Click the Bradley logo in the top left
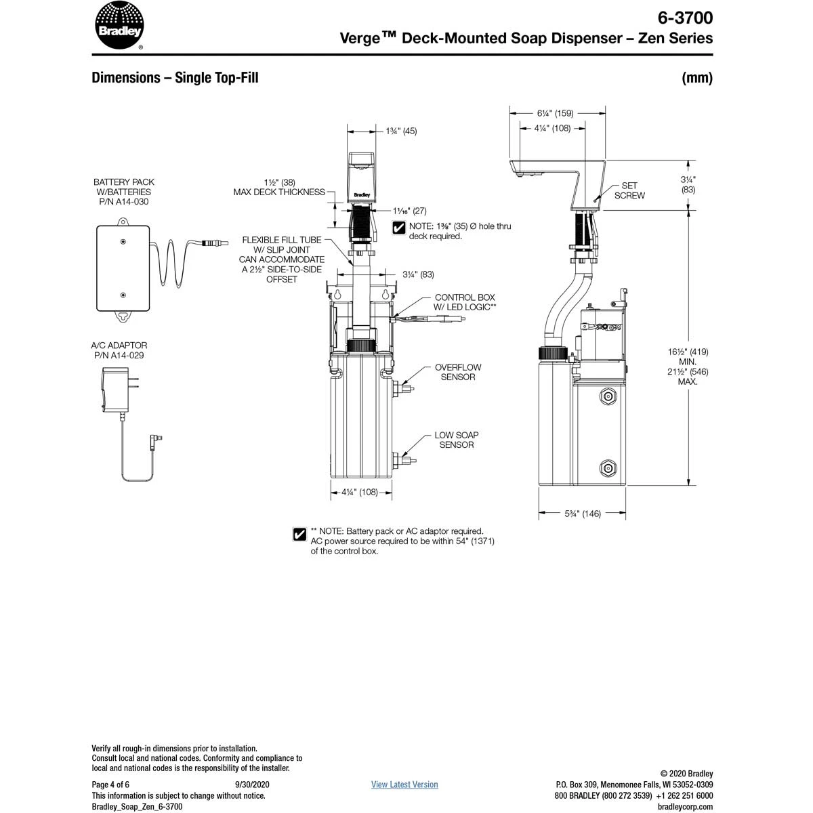coord(119,26)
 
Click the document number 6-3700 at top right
coord(685,17)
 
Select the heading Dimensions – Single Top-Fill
coord(175,78)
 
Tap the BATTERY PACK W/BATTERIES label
coord(123,192)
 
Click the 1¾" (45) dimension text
coord(401,131)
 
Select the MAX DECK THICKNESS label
coord(279,192)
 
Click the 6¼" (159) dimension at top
coord(555,114)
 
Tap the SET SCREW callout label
coord(629,190)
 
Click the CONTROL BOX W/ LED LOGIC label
coord(465,302)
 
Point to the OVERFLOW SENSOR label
coord(458,372)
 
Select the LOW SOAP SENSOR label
coord(457,440)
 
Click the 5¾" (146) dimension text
coord(583,514)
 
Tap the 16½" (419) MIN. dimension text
coord(688,356)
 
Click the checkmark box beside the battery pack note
coord(299,535)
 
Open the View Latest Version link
coord(404,785)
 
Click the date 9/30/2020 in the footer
coord(247,785)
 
